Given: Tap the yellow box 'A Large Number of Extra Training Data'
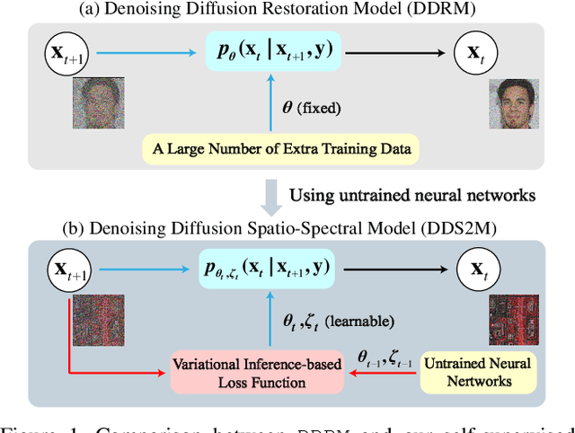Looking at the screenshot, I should (281, 148).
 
